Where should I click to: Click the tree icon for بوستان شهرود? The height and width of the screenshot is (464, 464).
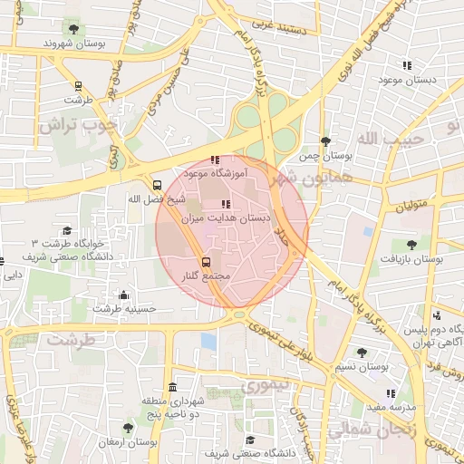coord(77,27)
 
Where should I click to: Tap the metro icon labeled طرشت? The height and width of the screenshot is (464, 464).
coord(78,87)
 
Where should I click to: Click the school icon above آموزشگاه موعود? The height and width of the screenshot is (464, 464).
coord(214,160)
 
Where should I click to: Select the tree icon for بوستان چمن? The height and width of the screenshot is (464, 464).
coord(325,141)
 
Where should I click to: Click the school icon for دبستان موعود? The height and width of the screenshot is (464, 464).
coord(407,65)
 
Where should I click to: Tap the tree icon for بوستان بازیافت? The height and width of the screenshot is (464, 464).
coord(411,244)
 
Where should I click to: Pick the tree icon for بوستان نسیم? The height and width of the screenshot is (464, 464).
coord(362,353)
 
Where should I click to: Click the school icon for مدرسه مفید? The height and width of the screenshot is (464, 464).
coord(391,393)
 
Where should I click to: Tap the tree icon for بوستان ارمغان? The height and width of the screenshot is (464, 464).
coord(127,428)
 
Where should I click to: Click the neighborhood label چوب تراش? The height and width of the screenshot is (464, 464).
coord(76,125)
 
